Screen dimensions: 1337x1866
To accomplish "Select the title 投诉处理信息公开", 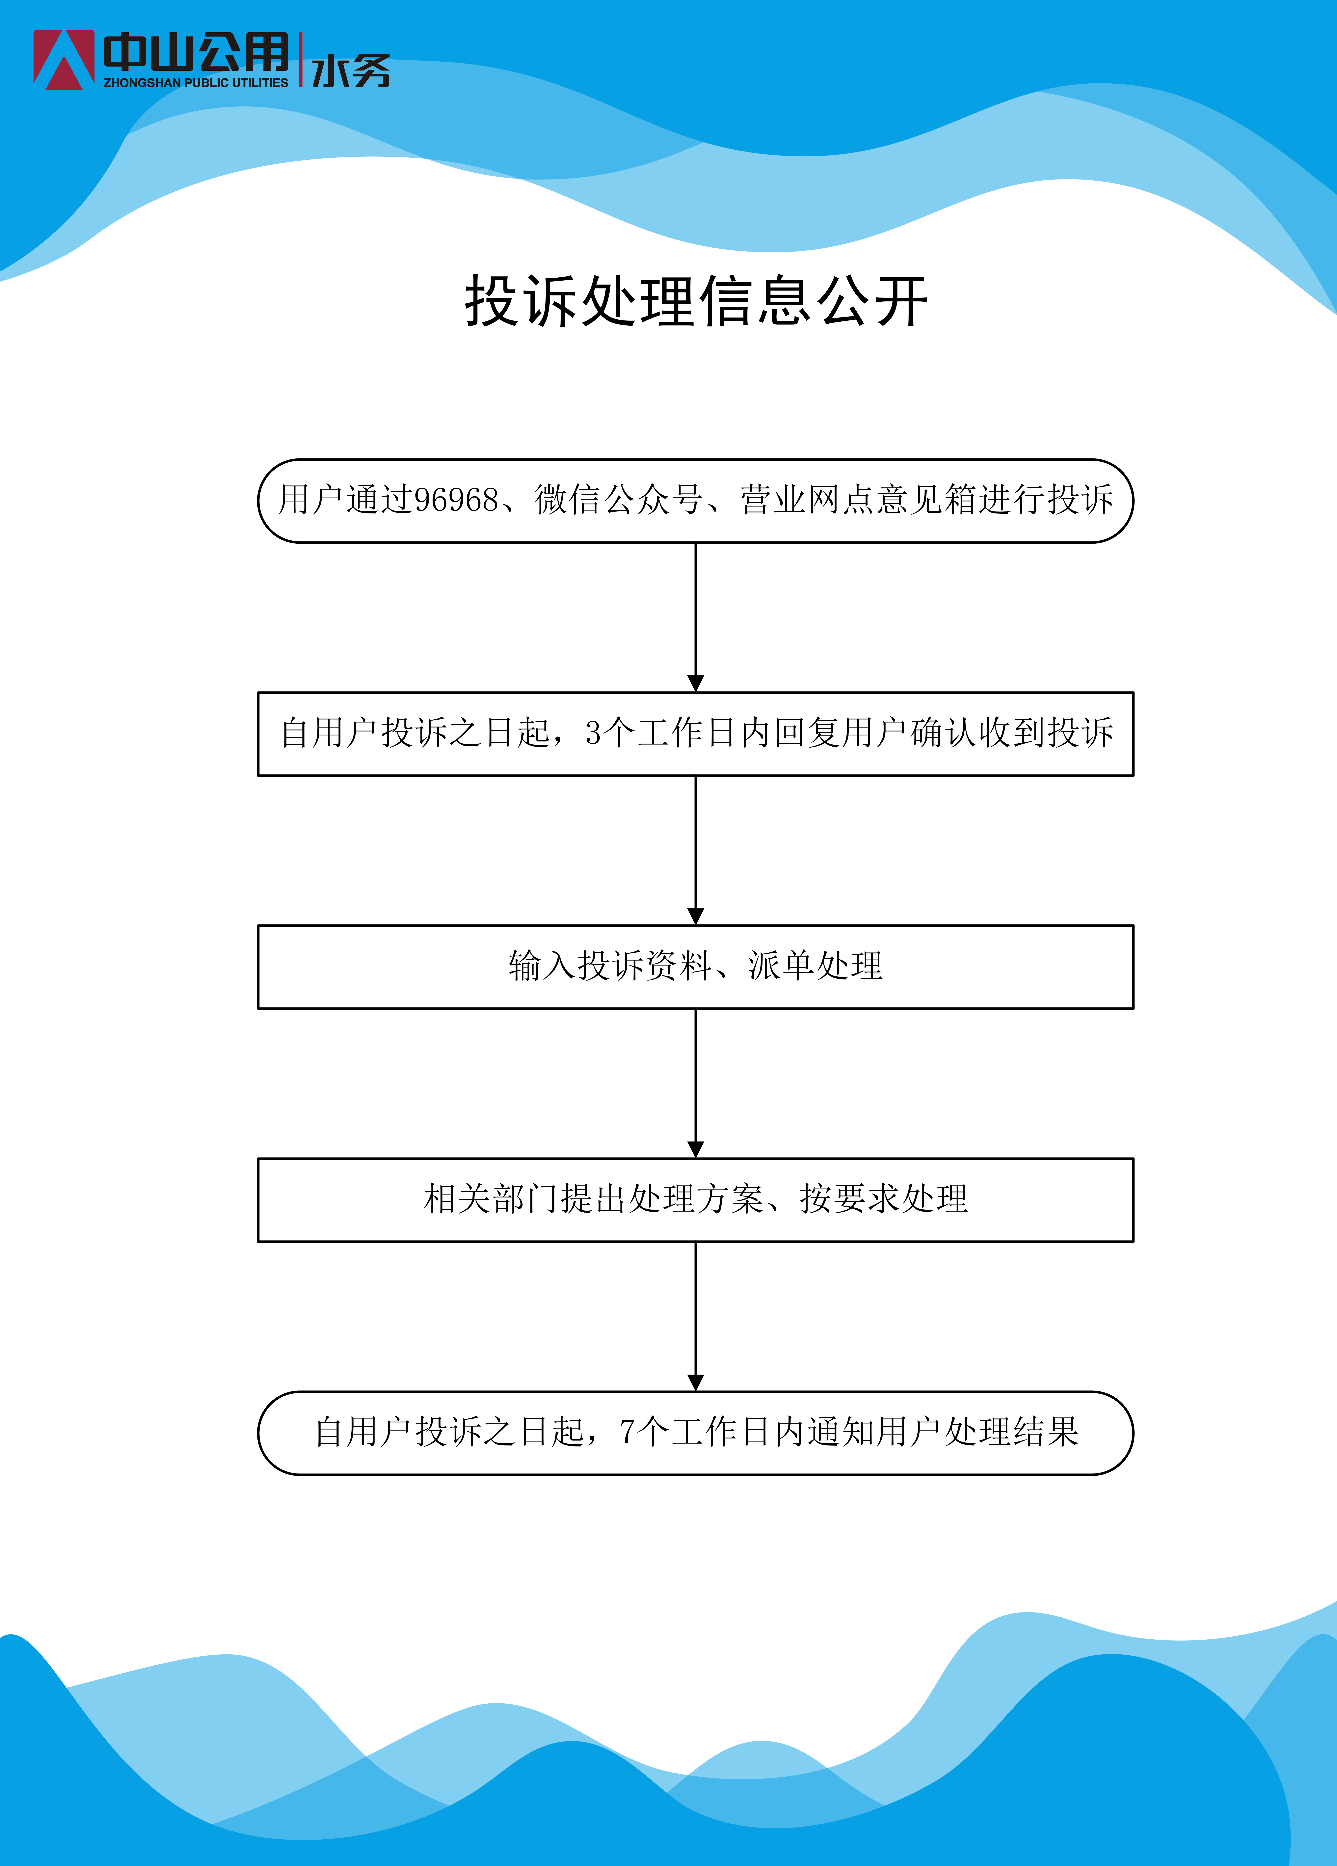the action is pyautogui.click(x=696, y=301).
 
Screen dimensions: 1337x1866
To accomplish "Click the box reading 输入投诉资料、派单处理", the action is pyautogui.click(x=696, y=967).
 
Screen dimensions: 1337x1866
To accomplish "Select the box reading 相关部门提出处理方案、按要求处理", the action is pyautogui.click(x=696, y=1200).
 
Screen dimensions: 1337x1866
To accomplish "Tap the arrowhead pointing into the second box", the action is pyautogui.click(x=696, y=684).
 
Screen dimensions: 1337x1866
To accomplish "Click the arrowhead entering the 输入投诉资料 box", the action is pyautogui.click(x=696, y=917).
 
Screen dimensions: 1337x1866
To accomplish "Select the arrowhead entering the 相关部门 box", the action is pyautogui.click(x=696, y=1149).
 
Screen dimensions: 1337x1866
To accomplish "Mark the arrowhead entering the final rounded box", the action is pyautogui.click(x=696, y=1383).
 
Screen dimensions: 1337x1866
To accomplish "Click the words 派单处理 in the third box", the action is pyautogui.click(x=815, y=966).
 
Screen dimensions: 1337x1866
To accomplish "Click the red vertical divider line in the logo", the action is pyautogui.click(x=301, y=60).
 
